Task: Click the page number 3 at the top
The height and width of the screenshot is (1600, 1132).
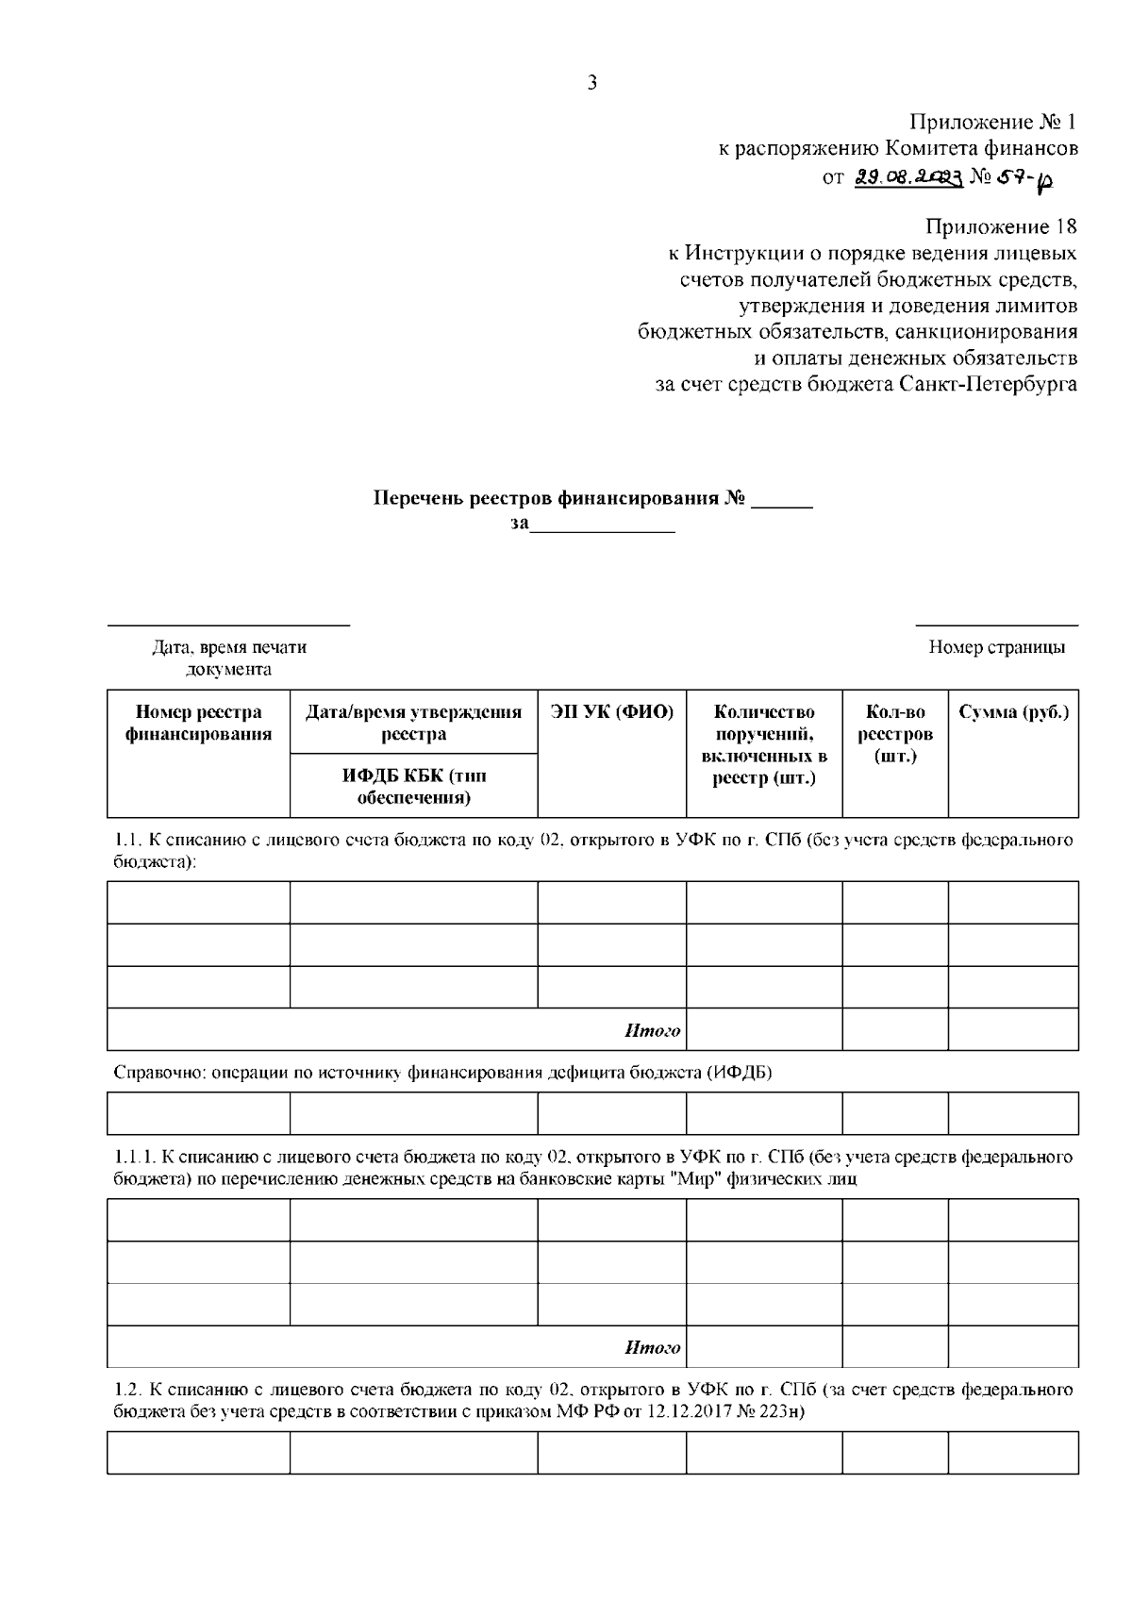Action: [591, 83]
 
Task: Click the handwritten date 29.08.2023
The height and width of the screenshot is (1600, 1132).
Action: [907, 177]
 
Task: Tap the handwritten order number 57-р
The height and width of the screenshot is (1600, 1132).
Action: [1022, 179]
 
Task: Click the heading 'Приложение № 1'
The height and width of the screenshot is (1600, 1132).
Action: [992, 122]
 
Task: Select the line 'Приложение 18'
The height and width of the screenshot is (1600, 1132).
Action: [1000, 226]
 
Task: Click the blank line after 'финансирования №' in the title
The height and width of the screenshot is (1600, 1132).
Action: [781, 500]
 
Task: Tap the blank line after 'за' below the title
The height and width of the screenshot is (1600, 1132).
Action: [603, 525]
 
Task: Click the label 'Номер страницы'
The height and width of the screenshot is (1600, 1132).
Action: [997, 647]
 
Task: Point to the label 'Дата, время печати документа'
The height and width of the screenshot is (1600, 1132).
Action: [229, 658]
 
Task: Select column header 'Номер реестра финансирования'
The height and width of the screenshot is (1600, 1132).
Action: [198, 724]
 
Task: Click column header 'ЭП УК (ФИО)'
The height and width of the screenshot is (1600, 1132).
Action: [612, 712]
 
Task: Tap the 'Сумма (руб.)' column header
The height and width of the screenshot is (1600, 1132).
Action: [1013, 712]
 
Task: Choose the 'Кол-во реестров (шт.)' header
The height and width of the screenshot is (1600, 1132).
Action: [894, 734]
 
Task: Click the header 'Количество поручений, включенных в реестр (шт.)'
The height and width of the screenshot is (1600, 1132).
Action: [764, 745]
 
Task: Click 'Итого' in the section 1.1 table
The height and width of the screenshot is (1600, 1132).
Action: [652, 1031]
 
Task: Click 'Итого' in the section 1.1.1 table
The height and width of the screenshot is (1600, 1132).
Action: [652, 1348]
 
